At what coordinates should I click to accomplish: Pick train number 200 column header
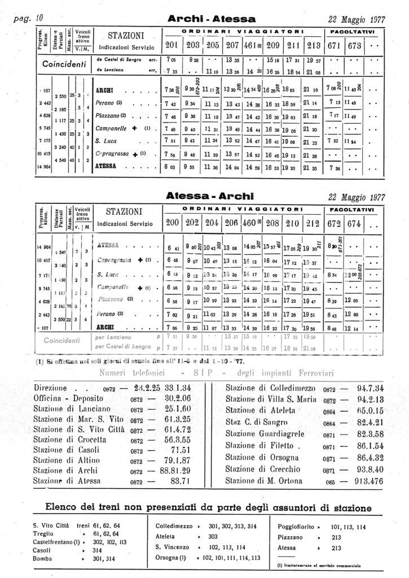pyautogui.click(x=173, y=223)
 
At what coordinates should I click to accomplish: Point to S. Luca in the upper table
pyautogui.click(x=105, y=141)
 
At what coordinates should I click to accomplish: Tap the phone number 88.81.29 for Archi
pyautogui.click(x=175, y=470)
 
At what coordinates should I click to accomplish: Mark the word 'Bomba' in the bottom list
pyautogui.click(x=42, y=559)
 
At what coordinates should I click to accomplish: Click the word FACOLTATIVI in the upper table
pyautogui.click(x=353, y=31)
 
